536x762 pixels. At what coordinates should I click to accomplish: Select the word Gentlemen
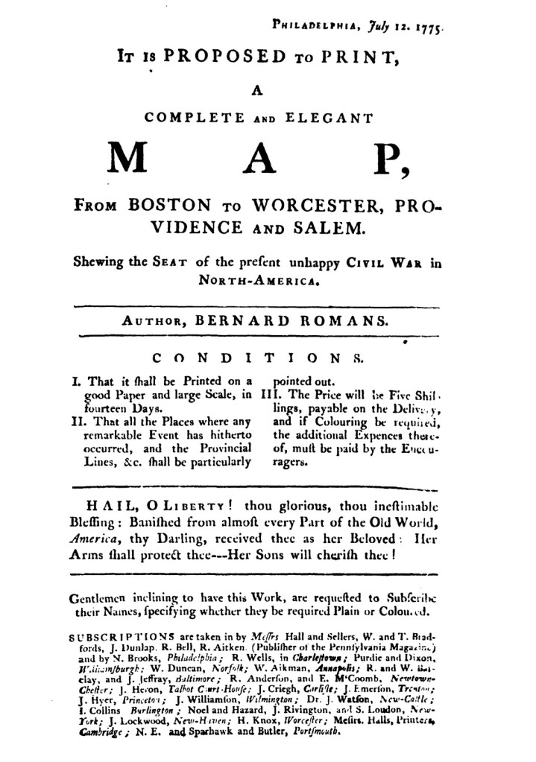click(99, 597)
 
